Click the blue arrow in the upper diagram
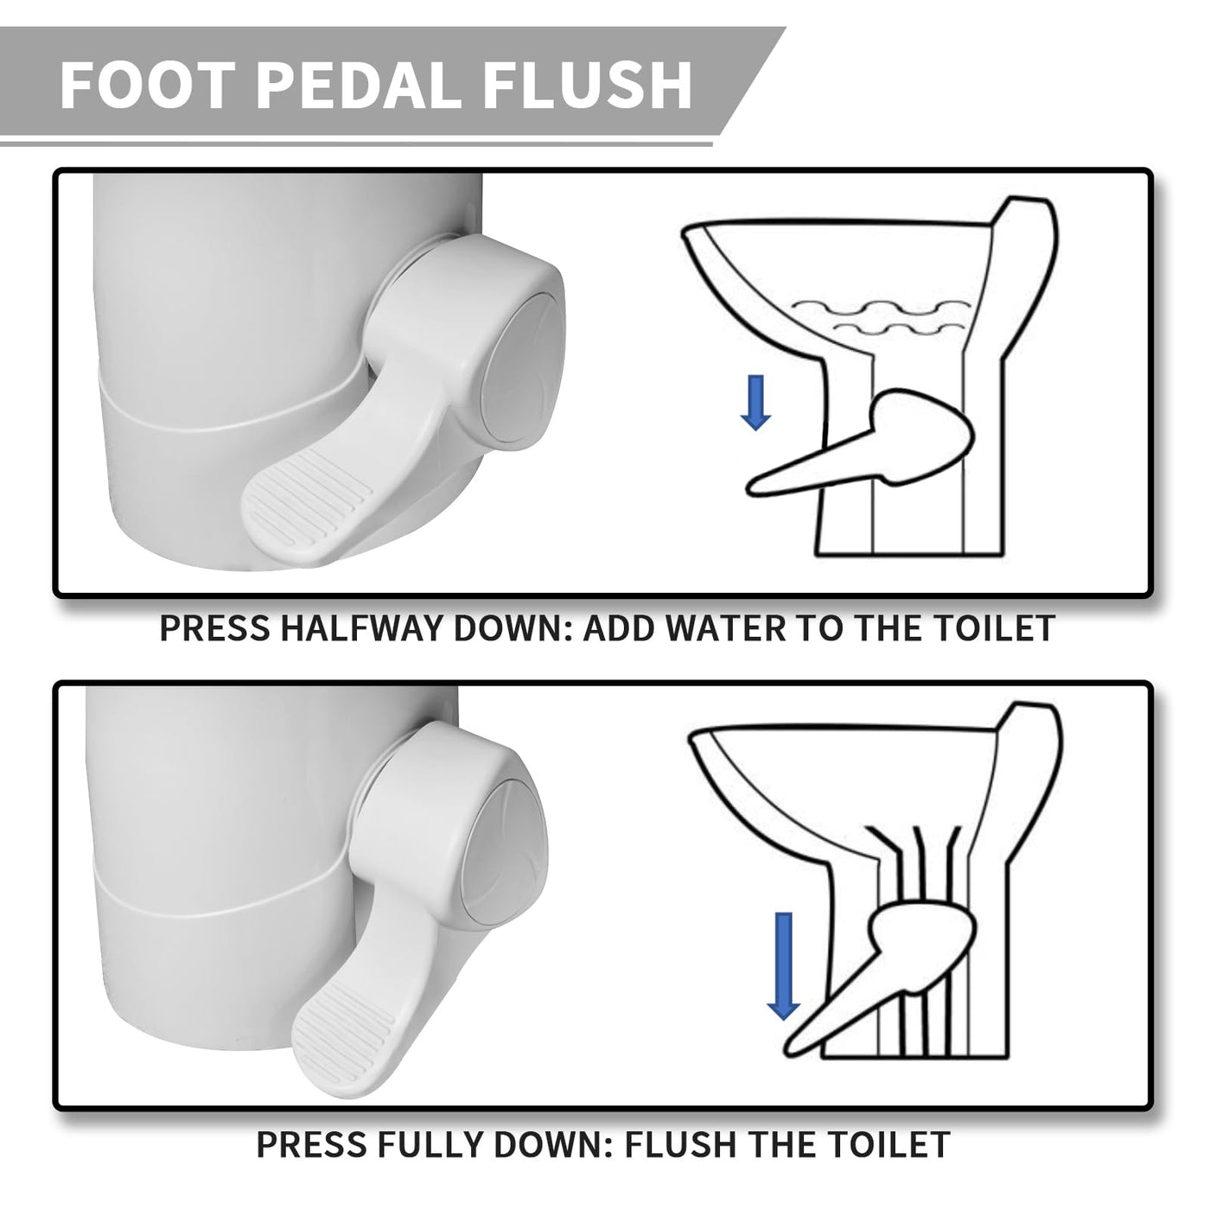point(755,403)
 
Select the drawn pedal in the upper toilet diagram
point(859,445)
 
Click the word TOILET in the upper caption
point(990,628)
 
